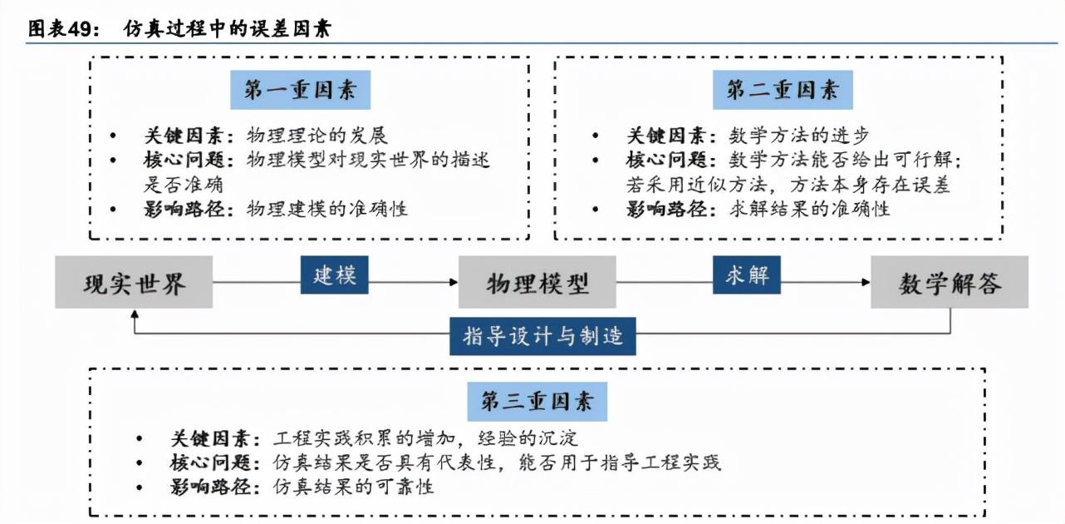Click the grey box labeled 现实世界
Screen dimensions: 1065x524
pyautogui.click(x=134, y=282)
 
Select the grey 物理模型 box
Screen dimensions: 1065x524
pyautogui.click(x=537, y=282)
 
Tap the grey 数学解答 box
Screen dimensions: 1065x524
pyautogui.click(x=950, y=282)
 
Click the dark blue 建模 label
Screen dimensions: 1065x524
pyautogui.click(x=334, y=275)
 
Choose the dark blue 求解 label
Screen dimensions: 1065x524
pyautogui.click(x=747, y=275)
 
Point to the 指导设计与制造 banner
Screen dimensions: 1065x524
pyautogui.click(x=542, y=337)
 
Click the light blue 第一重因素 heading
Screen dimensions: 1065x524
pyautogui.click(x=301, y=90)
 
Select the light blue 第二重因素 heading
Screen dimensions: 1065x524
pyautogui.click(x=783, y=90)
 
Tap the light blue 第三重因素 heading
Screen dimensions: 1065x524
pyautogui.click(x=537, y=402)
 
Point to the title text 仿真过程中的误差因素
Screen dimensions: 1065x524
pyautogui.click(x=228, y=29)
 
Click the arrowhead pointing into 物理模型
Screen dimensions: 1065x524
pyautogui.click(x=454, y=282)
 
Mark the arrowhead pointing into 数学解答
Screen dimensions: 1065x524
pyautogui.click(x=866, y=282)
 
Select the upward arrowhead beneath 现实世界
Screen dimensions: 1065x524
pyautogui.click(x=135, y=314)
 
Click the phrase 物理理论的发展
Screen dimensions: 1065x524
pyautogui.click(x=317, y=136)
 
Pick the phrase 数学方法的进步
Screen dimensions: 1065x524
pyautogui.click(x=799, y=136)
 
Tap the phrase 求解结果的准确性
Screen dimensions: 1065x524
pyautogui.click(x=809, y=209)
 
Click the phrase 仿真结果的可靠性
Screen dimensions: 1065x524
pyautogui.click(x=353, y=487)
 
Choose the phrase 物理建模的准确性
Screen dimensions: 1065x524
pyautogui.click(x=326, y=209)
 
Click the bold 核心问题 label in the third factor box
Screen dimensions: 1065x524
pyautogui.click(x=210, y=462)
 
